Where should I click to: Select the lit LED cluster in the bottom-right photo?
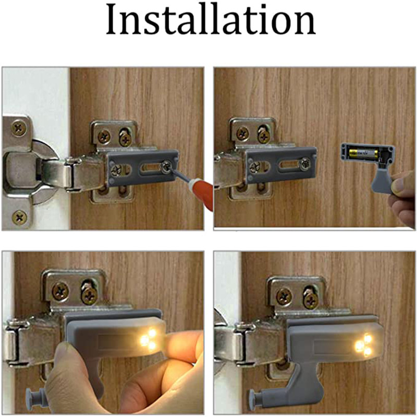coord(364,345)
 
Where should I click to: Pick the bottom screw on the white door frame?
coord(20,216)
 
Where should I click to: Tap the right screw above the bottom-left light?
coord(89,295)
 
